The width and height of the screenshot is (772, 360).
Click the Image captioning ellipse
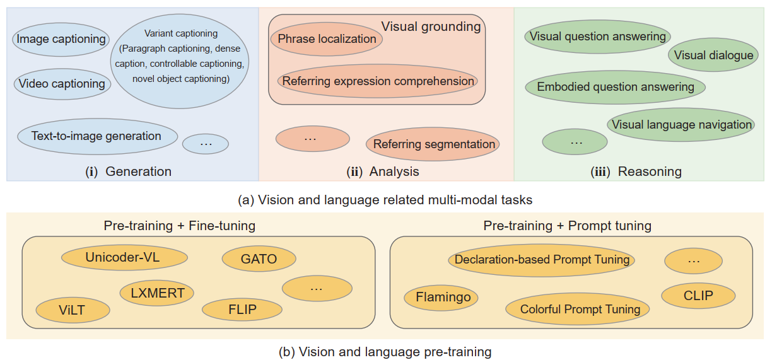[61, 39]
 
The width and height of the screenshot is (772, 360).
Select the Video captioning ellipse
[62, 84]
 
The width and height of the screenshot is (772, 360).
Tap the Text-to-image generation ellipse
[96, 136]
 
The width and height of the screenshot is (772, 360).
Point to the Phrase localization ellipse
[327, 39]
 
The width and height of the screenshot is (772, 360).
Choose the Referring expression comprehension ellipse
[378, 81]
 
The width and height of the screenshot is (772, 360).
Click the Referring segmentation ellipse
[433, 144]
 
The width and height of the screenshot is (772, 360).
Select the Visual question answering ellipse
[597, 37]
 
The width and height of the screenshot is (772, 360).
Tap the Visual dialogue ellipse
[713, 55]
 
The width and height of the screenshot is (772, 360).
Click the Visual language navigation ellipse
[681, 125]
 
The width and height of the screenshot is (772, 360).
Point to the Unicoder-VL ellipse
[124, 257]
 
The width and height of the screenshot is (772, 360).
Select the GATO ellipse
[259, 259]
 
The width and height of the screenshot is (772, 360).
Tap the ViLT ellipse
[73, 311]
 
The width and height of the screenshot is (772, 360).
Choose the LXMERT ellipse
[157, 293]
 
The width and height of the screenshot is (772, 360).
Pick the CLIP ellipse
[698, 296]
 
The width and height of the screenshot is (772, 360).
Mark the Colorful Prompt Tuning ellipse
[580, 309]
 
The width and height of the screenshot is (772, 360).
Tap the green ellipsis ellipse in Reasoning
[575, 142]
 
